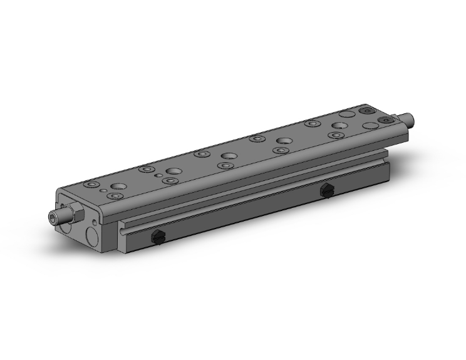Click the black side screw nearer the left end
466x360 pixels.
click(158, 237)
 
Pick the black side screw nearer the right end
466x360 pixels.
click(326, 190)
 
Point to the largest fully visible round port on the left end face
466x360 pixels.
click(93, 237)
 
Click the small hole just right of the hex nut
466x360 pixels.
click(95, 221)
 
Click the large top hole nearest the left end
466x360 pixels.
click(117, 187)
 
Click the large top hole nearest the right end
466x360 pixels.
click(346, 115)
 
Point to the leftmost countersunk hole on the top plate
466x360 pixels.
click(94, 185)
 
